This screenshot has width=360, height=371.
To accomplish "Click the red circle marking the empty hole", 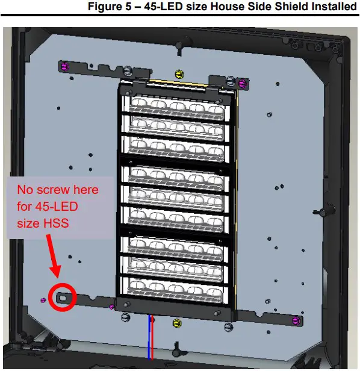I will point(63,297).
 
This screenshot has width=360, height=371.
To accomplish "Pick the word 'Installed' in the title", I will point(331,7).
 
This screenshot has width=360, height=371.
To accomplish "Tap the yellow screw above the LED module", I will point(178,73).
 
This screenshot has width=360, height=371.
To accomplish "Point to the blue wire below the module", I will point(149,337).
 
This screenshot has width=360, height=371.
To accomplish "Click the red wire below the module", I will point(153,337).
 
